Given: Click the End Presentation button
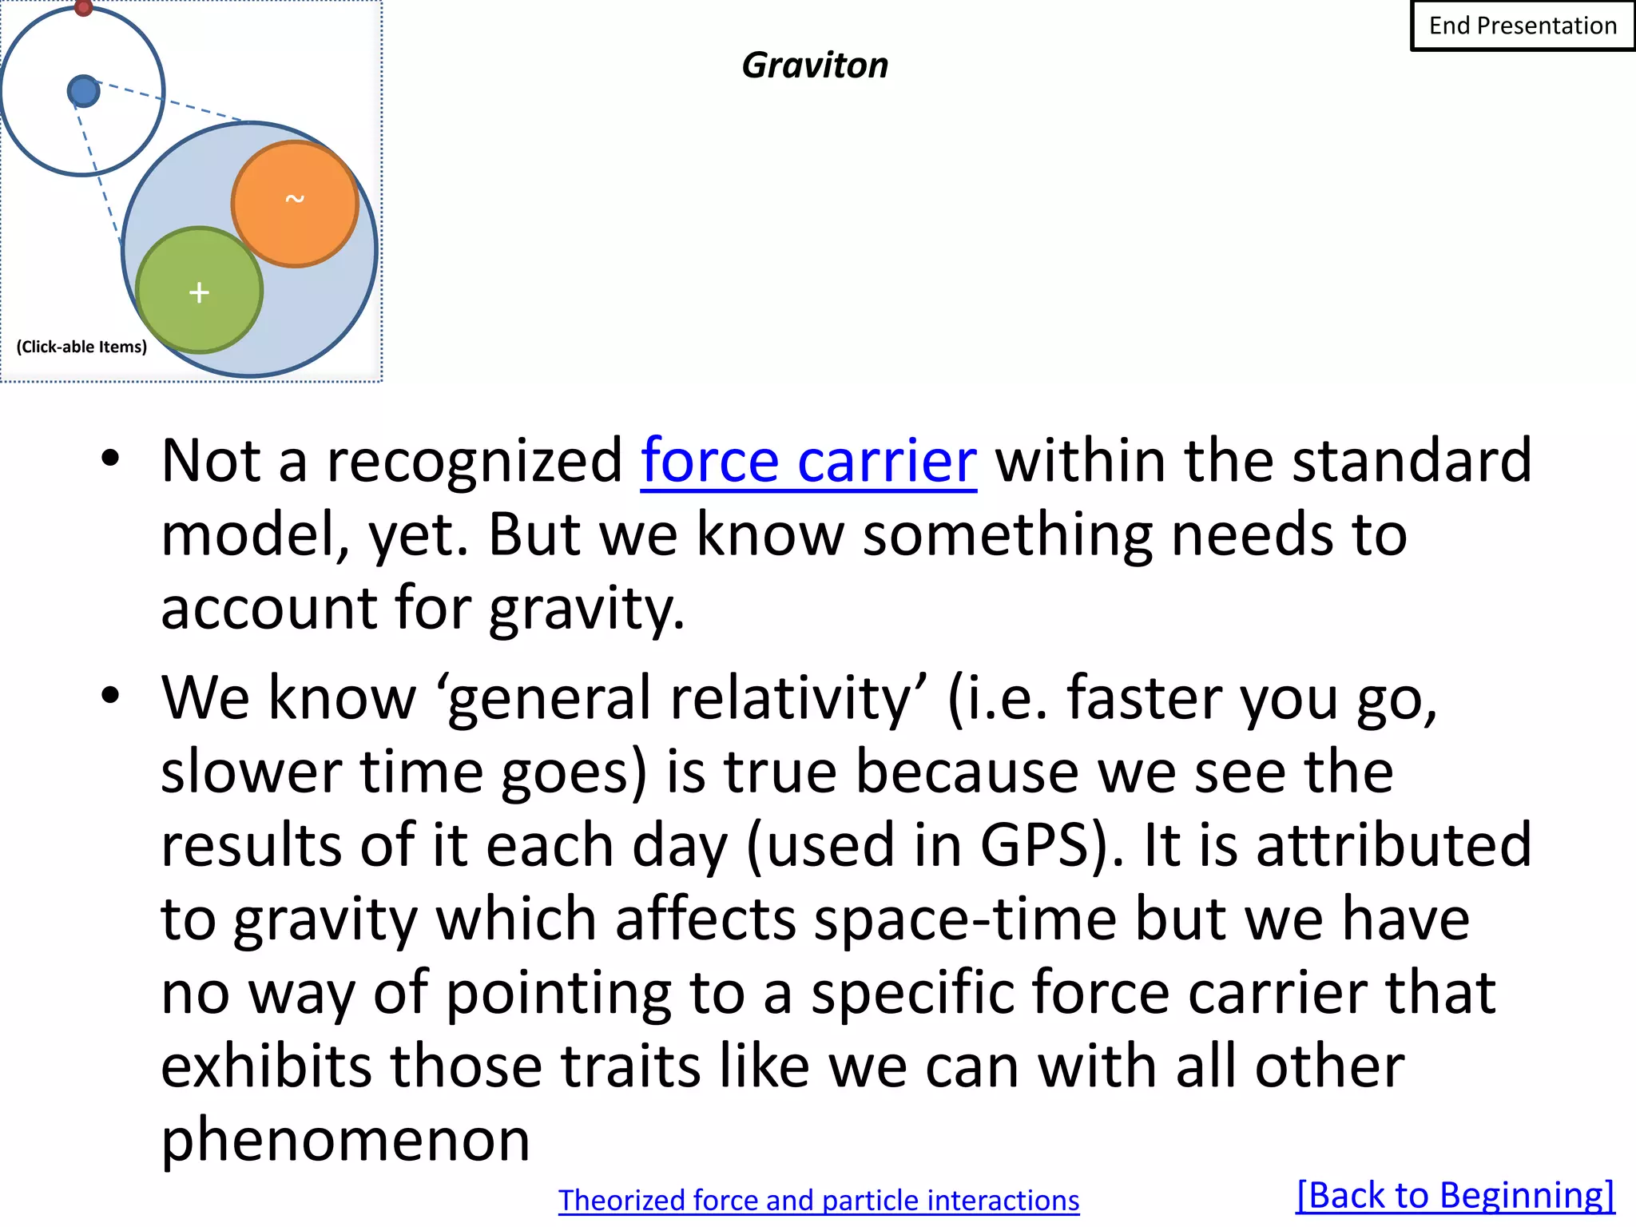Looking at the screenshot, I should point(1522,26).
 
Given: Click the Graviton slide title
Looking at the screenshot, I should point(815,66).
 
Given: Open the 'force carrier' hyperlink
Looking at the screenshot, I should point(808,461).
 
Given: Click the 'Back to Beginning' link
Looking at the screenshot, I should point(1455,1196).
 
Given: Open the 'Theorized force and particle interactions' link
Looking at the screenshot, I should point(819,1201).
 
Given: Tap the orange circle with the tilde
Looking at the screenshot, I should point(295,204).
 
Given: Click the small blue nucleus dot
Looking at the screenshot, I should point(83,91).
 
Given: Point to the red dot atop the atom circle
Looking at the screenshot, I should point(83,7).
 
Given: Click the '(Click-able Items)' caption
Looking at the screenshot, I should point(81,347).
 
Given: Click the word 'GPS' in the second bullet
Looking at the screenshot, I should point(1046,845).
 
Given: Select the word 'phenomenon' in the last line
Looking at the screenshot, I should point(345,1139).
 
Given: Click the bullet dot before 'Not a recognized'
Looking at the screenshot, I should point(110,459).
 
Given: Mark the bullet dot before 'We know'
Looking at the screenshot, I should point(110,695).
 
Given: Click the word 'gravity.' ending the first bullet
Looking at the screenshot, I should point(586,609).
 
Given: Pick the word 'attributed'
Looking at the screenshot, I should point(1394,845).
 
